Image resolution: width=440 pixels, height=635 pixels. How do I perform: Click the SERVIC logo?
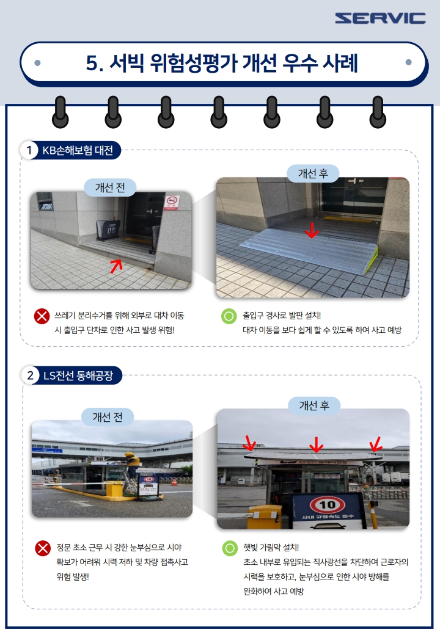380,18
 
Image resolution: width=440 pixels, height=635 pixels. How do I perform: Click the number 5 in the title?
92,63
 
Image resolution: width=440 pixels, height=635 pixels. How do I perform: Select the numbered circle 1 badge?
29,150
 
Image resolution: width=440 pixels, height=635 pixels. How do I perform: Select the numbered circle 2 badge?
31,376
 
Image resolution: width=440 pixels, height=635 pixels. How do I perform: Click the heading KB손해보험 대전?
78,150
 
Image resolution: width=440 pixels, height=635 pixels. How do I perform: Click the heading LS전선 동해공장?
78,376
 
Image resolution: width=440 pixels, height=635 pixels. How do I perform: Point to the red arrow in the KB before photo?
116,266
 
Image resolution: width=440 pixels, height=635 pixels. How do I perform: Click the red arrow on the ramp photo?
312,230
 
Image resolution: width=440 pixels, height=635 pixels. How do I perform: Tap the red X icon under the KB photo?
42,316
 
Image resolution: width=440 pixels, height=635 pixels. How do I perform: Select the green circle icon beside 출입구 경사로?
229,316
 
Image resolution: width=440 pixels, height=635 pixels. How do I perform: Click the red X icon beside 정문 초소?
43,548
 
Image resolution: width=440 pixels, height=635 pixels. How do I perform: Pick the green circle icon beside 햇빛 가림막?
230,548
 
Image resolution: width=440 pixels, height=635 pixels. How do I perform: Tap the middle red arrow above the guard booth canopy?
316,445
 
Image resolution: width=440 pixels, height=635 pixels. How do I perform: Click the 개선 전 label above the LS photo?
108,416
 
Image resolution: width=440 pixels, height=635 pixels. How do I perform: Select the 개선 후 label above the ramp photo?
313,174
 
